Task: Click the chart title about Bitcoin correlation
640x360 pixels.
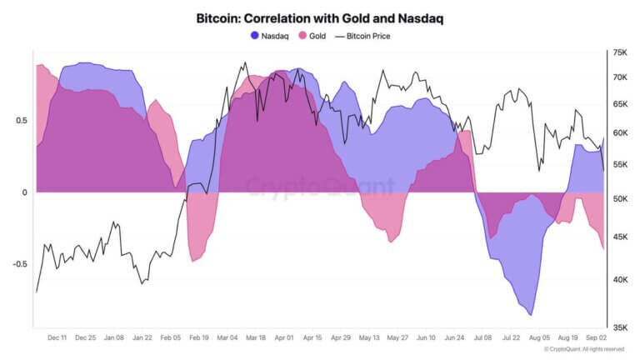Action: point(319,18)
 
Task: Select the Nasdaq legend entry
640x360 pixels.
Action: point(271,36)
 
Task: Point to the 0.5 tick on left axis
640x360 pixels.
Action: point(21,121)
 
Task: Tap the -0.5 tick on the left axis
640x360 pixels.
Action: point(19,264)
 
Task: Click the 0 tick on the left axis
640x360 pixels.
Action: point(24,192)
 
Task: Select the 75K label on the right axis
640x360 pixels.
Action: point(620,52)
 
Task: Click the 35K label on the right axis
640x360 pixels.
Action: point(620,327)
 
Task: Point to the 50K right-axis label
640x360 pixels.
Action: point(620,199)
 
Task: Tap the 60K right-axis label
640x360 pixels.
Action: point(620,133)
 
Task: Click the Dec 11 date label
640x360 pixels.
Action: point(58,338)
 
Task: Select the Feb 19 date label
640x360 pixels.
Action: point(198,338)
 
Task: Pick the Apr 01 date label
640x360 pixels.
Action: point(284,338)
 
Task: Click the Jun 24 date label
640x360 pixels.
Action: point(454,338)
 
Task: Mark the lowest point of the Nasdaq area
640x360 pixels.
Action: point(531,315)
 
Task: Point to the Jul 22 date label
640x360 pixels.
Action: point(511,338)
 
